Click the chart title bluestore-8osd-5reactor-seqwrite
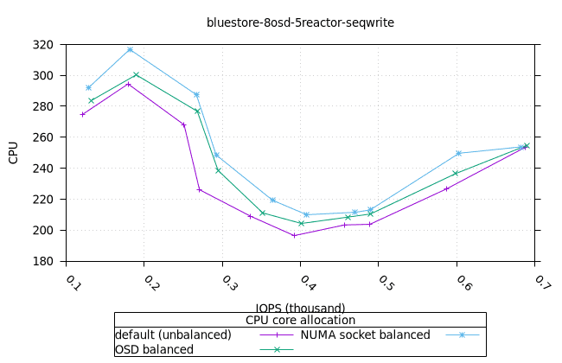tap(300, 22)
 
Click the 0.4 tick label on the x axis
tap(307, 282)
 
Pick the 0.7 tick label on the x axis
tap(541, 282)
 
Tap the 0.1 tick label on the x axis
tap(73, 282)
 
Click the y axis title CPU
tap(14, 153)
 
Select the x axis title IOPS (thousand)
tap(300, 308)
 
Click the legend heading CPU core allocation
tap(300, 320)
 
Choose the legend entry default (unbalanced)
tap(173, 334)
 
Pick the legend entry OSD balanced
tap(154, 349)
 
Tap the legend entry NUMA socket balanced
tap(365, 334)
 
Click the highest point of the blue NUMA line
tap(130, 49)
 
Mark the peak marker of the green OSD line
tap(136, 74)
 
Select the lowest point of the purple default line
tap(294, 235)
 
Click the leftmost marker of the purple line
tap(83, 114)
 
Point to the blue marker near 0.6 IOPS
tap(458, 153)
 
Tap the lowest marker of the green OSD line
tap(301, 223)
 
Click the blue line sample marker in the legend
tap(461, 334)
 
